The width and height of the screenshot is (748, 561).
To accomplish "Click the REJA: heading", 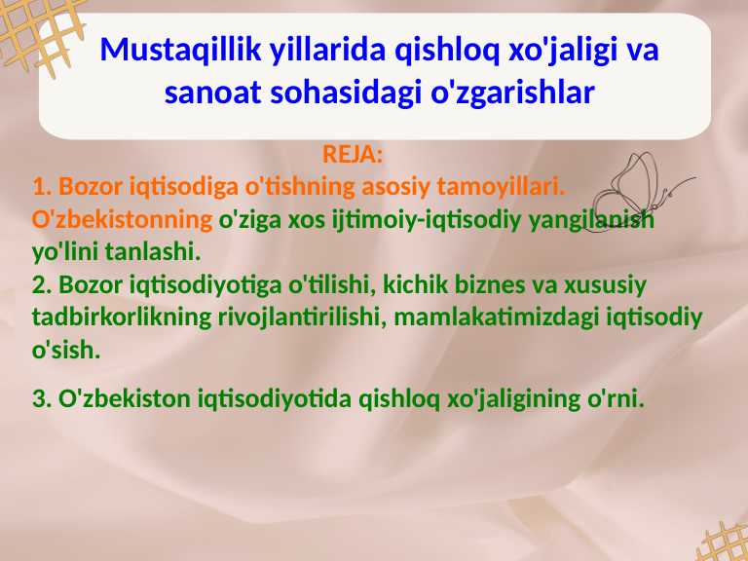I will (x=353, y=155).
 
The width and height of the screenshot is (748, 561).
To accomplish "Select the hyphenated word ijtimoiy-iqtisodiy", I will (x=427, y=219).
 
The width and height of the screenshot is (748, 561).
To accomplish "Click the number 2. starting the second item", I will (x=42, y=285).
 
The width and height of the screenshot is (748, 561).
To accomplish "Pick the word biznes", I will (x=505, y=285).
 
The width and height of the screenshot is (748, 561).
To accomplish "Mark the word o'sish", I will (x=66, y=351).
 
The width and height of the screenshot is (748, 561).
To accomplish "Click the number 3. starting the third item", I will (x=42, y=398).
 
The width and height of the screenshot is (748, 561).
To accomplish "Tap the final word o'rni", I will (x=618, y=398).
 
